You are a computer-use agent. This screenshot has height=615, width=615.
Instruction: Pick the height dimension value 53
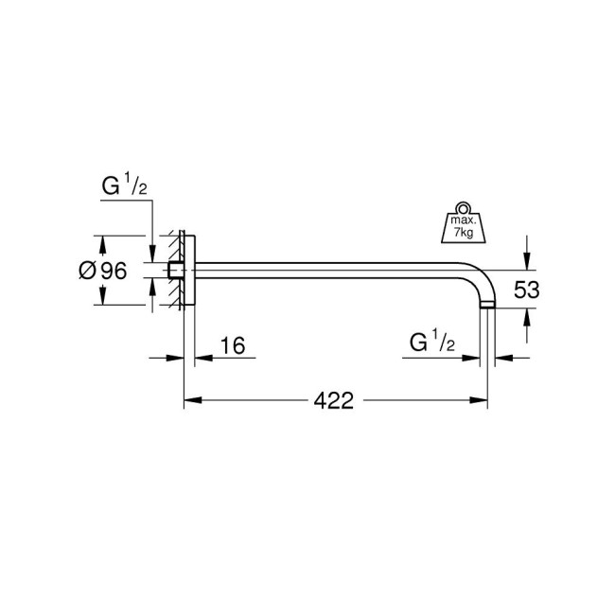pyautogui.click(x=526, y=290)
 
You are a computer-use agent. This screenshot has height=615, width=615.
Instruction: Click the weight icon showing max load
pyautogui.click(x=462, y=226)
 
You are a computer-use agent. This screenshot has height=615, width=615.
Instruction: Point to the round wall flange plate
pyautogui.click(x=188, y=271)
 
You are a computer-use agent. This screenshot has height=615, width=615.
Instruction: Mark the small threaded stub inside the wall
pyautogui.click(x=174, y=271)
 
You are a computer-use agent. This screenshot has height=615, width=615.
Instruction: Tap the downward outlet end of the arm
pyautogui.click(x=486, y=303)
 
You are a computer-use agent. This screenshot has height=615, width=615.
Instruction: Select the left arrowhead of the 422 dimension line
pyautogui.click(x=190, y=400)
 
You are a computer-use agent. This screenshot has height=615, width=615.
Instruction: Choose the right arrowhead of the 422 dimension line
pyautogui.click(x=481, y=400)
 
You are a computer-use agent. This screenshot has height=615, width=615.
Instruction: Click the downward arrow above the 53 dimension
pyautogui.click(x=527, y=259)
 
